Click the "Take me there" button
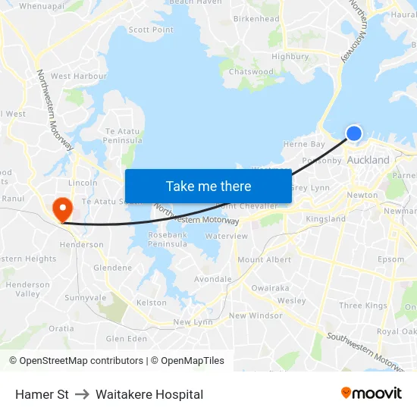click(x=208, y=187)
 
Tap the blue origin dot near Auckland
click(x=354, y=133)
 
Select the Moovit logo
click(x=371, y=393)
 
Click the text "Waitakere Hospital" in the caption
click(x=149, y=394)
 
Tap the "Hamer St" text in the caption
click(x=42, y=394)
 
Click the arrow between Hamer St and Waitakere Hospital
click(x=82, y=394)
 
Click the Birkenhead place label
click(x=256, y=18)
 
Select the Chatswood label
click(x=251, y=72)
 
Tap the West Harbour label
click(x=79, y=77)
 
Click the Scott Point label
click(x=151, y=30)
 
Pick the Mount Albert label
click(x=265, y=260)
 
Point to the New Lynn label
click(x=193, y=322)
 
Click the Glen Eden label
click(x=127, y=339)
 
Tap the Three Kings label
click(x=363, y=306)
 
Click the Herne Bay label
click(x=303, y=144)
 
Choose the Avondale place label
click(x=213, y=279)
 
